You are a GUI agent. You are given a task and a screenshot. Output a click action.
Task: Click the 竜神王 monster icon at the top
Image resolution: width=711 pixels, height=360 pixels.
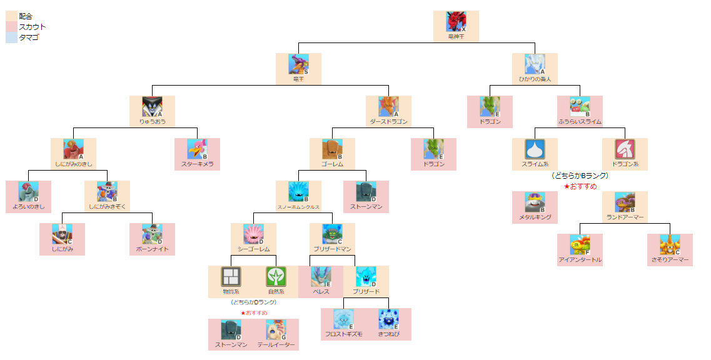point(456,21)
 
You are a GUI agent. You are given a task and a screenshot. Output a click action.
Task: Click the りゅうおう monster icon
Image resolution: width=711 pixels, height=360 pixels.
point(152,106)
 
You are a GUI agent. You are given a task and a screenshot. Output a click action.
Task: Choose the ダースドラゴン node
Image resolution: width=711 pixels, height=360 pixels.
point(388,111)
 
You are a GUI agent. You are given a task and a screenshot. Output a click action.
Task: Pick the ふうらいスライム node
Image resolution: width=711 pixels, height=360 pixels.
point(580,111)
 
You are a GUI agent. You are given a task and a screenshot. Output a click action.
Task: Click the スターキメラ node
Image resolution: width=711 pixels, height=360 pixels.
point(197,154)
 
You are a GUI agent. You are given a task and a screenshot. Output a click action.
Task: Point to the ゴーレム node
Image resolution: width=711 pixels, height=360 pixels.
point(332,154)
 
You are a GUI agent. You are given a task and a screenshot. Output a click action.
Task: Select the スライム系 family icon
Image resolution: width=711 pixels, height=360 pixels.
point(535,149)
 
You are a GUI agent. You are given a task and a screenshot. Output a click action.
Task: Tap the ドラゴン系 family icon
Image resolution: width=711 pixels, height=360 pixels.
point(625,149)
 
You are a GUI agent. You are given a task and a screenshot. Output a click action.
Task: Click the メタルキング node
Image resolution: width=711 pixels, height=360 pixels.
point(535,207)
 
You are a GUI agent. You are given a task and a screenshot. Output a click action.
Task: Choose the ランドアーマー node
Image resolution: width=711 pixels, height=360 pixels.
point(625,207)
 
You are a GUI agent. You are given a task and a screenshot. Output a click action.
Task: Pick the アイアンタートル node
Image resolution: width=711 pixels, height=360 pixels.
point(580,249)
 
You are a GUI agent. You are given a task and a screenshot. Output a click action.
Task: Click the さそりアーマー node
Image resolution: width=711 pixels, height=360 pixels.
point(670,249)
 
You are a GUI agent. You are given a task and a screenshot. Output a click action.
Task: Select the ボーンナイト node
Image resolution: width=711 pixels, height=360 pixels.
point(152,239)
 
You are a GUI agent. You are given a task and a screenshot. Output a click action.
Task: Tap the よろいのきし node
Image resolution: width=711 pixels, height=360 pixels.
point(28,196)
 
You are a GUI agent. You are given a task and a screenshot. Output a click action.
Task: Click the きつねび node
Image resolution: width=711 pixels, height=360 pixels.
point(388,324)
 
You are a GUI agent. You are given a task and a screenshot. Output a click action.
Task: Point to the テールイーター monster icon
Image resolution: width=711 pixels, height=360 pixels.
point(276,329)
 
